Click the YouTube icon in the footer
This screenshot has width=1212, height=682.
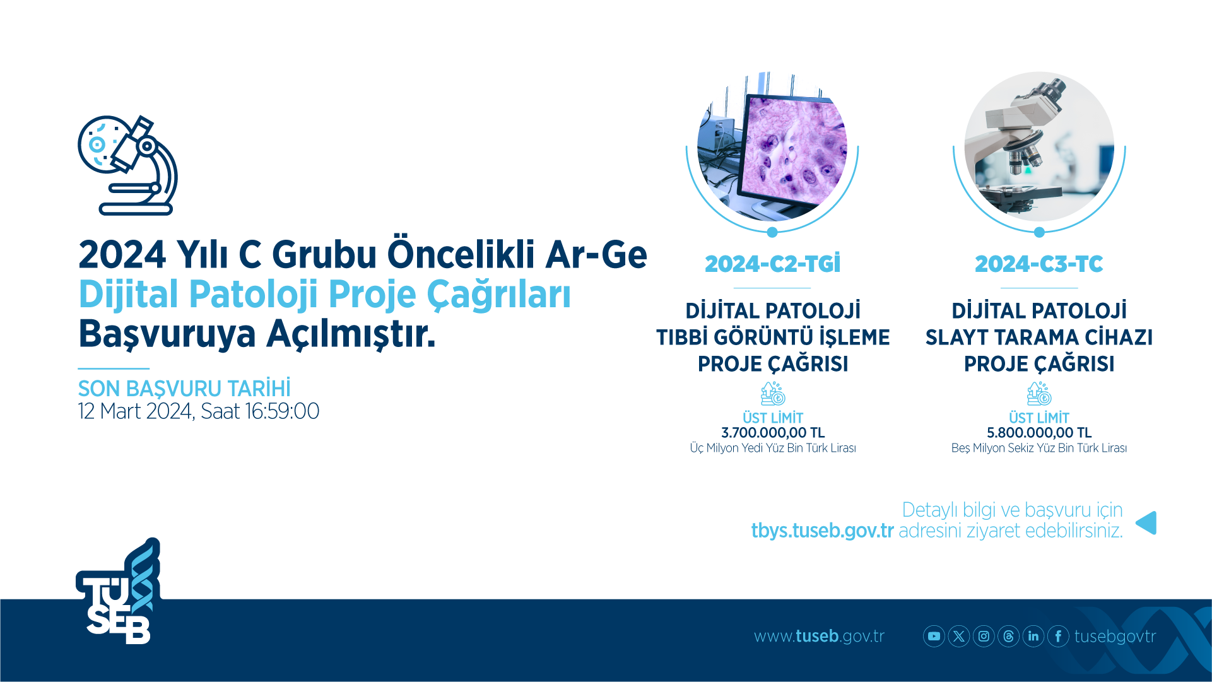coord(934,636)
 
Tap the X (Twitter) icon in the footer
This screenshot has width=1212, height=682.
coord(959,636)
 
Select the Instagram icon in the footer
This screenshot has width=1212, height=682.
coord(984,636)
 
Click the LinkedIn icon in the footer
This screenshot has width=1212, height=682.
coord(1033,636)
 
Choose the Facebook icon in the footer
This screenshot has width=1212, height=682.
coord(1058,636)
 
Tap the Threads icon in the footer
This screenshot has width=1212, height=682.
coord(1009,636)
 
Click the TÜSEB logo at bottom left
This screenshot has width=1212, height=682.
coord(118,591)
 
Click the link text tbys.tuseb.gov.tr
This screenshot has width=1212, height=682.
coord(822,531)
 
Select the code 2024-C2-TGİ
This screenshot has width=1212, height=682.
coord(773,264)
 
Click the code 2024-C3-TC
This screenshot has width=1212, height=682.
coord(1039,264)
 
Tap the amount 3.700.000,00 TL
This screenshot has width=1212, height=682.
coord(773,433)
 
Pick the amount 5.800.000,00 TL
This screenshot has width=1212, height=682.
coord(1039,433)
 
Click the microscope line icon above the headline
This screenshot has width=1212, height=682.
coord(128,165)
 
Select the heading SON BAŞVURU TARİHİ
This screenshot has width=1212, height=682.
coord(184,388)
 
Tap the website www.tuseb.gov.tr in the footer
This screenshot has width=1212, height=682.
coord(819,636)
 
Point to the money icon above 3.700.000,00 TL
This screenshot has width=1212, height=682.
coord(773,394)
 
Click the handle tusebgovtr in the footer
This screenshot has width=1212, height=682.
coord(1115,637)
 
